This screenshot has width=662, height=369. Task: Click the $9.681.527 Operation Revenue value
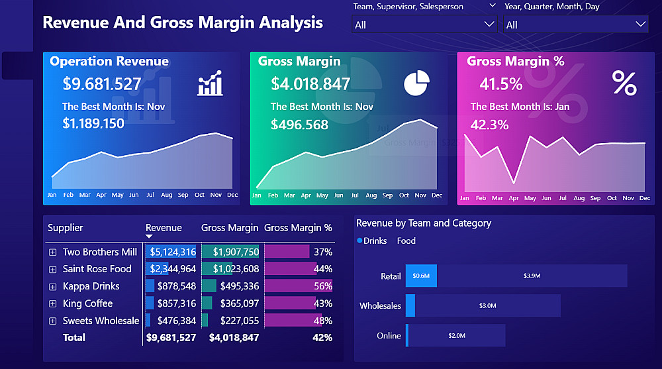[x=102, y=84]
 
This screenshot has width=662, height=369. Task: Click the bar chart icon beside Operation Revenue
[x=210, y=85]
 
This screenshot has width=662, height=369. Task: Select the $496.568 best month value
[x=299, y=125]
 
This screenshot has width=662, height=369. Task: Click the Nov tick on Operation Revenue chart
[x=216, y=195]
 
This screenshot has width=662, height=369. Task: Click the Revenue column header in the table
[x=164, y=228]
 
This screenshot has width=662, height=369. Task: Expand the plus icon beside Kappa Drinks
[x=53, y=286]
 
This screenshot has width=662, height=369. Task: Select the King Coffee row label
[x=87, y=303]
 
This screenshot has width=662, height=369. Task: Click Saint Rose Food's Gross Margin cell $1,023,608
[x=235, y=269]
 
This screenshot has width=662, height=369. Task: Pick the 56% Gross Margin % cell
[x=323, y=286]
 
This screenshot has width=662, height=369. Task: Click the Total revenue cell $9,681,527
[x=170, y=338]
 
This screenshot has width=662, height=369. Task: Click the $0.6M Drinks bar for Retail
[x=421, y=276]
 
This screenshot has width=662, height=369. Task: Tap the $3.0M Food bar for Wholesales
[x=487, y=305]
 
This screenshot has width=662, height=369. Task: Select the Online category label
[x=389, y=336]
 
